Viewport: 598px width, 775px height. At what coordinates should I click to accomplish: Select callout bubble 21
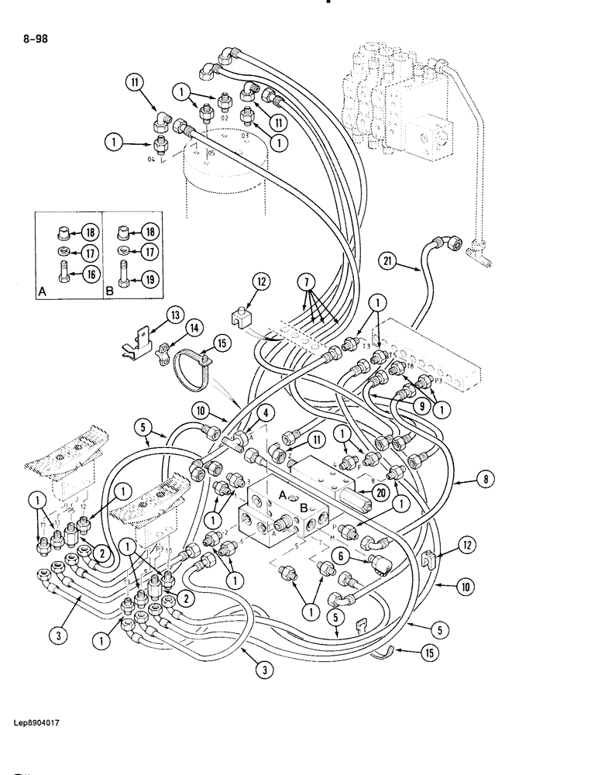(x=389, y=263)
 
